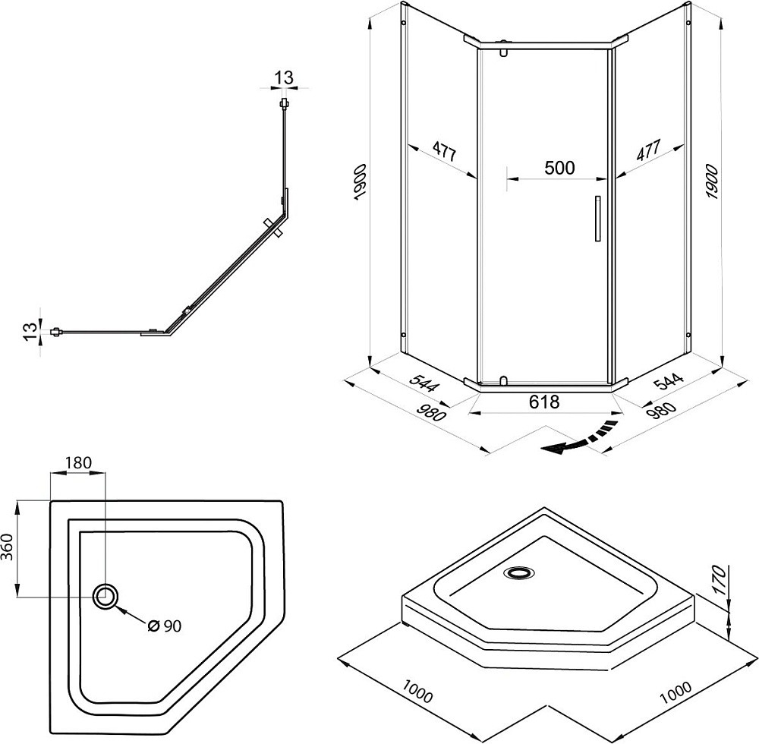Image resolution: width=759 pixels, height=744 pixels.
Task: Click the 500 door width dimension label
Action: [x=559, y=168]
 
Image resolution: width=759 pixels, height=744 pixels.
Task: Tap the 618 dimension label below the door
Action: [x=544, y=402]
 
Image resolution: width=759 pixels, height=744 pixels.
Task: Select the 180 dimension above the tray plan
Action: [x=78, y=463]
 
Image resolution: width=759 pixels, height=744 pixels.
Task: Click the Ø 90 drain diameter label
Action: [x=165, y=626]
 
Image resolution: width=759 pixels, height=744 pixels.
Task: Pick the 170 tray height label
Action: [x=720, y=580]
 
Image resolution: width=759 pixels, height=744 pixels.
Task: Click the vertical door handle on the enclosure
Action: [x=598, y=219]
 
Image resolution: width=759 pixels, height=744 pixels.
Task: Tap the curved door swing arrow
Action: [x=579, y=439]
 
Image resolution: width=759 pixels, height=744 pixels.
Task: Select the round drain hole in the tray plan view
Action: [x=105, y=596]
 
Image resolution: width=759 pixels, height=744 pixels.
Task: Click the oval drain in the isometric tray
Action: [x=519, y=573]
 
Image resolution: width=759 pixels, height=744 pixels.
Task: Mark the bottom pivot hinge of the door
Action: [x=503, y=381]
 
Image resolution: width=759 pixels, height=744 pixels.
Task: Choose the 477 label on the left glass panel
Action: [x=444, y=151]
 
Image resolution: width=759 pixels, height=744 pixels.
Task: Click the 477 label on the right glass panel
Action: [x=648, y=150]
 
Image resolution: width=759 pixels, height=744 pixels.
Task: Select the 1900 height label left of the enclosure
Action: [x=361, y=182]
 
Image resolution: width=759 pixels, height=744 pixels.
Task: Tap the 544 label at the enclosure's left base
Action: [x=424, y=381]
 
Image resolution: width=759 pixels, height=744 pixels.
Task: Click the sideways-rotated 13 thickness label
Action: [x=30, y=331]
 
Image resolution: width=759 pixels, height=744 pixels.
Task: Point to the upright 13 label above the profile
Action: [x=284, y=77]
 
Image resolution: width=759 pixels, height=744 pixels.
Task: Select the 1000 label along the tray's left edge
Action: [x=417, y=692]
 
